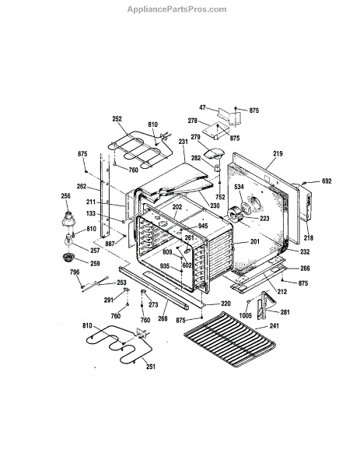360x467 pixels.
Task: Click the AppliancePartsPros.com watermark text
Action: pos(177,9)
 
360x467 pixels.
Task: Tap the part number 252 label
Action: pos(117,118)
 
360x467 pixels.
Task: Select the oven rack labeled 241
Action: pos(229,339)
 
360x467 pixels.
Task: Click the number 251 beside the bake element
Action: pos(151,367)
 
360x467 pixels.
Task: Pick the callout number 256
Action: pos(66,196)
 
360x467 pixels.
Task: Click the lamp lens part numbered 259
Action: pos(68,257)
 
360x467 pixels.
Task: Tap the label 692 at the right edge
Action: pos(327,181)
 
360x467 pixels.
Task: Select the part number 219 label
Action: pos(278,153)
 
